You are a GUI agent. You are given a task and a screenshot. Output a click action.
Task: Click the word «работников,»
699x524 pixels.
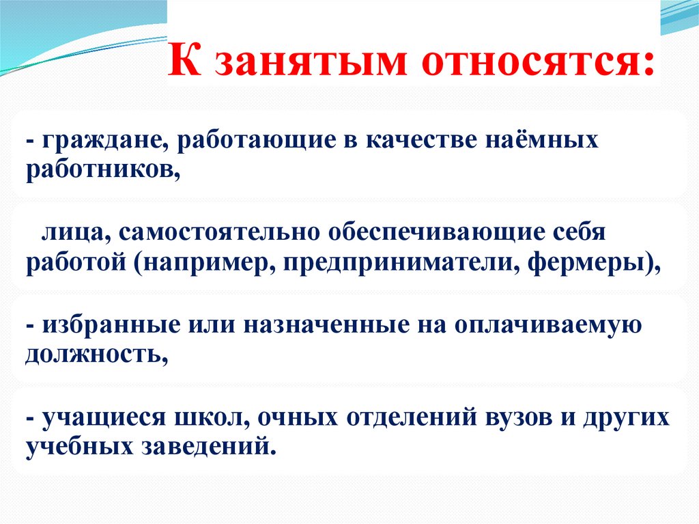coord(104,171)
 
